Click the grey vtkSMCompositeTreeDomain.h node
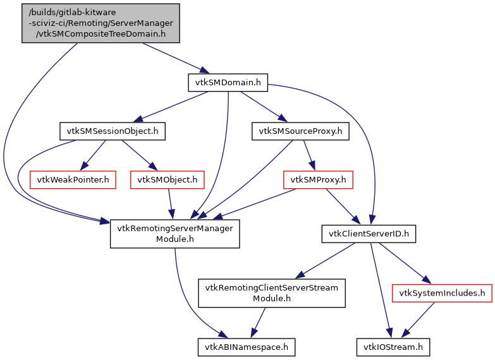pos(101,23)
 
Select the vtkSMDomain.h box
pos(228,81)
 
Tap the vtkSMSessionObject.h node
pos(112,131)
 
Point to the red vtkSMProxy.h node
pos(318,180)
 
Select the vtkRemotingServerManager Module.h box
pos(174,234)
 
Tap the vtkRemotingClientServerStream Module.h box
pos(272,293)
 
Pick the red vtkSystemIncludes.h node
pos(442,293)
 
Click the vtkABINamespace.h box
pos(246,347)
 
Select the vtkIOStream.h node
pos(393,347)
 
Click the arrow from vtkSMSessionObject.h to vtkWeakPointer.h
pos(92,155)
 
